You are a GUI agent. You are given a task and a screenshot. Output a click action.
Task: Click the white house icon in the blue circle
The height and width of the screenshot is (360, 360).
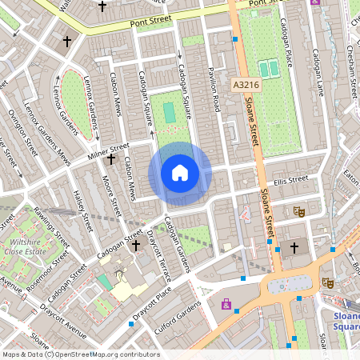(x=180, y=173)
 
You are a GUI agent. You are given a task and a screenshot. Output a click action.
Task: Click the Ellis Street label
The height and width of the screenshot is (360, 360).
(x=290, y=179)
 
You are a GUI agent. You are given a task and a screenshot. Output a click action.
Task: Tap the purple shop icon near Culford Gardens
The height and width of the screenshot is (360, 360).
(x=226, y=304)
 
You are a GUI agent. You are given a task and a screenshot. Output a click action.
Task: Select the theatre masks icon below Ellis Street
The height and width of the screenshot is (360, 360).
(x=300, y=211)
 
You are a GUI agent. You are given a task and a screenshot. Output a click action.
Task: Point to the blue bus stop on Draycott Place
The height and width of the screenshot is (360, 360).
(x=132, y=324)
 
